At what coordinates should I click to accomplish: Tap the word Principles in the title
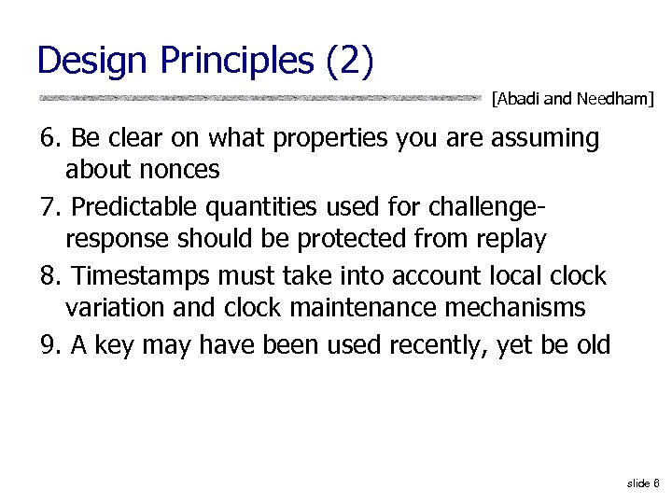(238, 60)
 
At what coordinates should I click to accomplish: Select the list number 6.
(49, 138)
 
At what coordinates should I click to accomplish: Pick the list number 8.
(49, 276)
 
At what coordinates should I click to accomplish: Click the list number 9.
(49, 345)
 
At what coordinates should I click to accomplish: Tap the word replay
(508, 240)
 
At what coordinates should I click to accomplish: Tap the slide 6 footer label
(643, 483)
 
